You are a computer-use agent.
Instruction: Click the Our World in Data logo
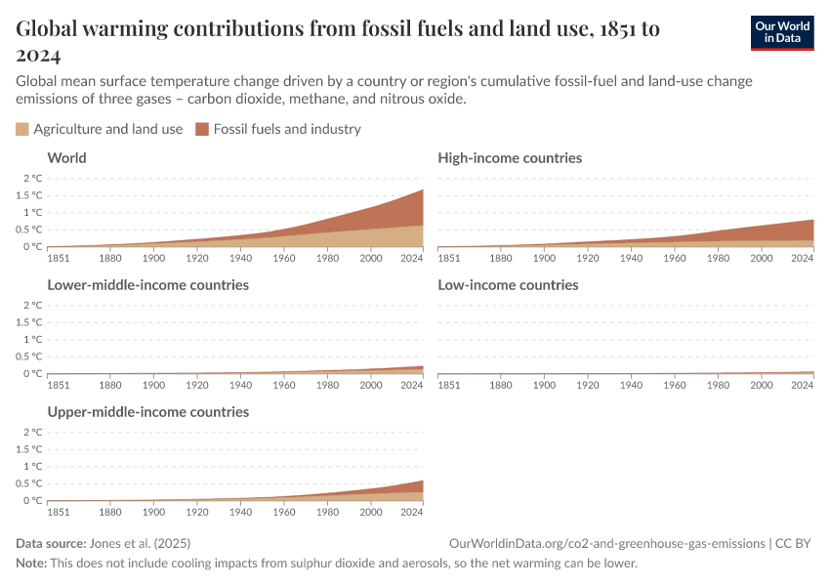coord(781,32)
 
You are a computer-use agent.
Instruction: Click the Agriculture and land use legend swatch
coord(22,129)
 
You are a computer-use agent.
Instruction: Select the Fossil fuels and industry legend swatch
coord(203,129)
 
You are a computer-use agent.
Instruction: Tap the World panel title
coord(66,157)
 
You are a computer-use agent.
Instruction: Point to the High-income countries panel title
coord(510,157)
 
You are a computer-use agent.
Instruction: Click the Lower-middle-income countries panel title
coord(147,284)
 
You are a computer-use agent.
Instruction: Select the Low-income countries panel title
coord(508,284)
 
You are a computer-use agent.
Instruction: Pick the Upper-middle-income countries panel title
coord(147,411)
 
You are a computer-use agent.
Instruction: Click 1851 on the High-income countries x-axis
coord(450,259)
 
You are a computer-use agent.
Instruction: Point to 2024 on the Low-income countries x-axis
coord(802,386)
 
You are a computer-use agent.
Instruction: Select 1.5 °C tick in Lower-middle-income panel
coord(29,322)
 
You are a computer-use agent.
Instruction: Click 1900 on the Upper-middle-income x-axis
coord(153,513)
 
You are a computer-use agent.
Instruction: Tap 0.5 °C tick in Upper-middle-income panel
coord(29,483)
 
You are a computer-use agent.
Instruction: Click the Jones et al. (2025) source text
coord(140,543)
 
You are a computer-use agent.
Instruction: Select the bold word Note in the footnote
coord(31,564)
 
